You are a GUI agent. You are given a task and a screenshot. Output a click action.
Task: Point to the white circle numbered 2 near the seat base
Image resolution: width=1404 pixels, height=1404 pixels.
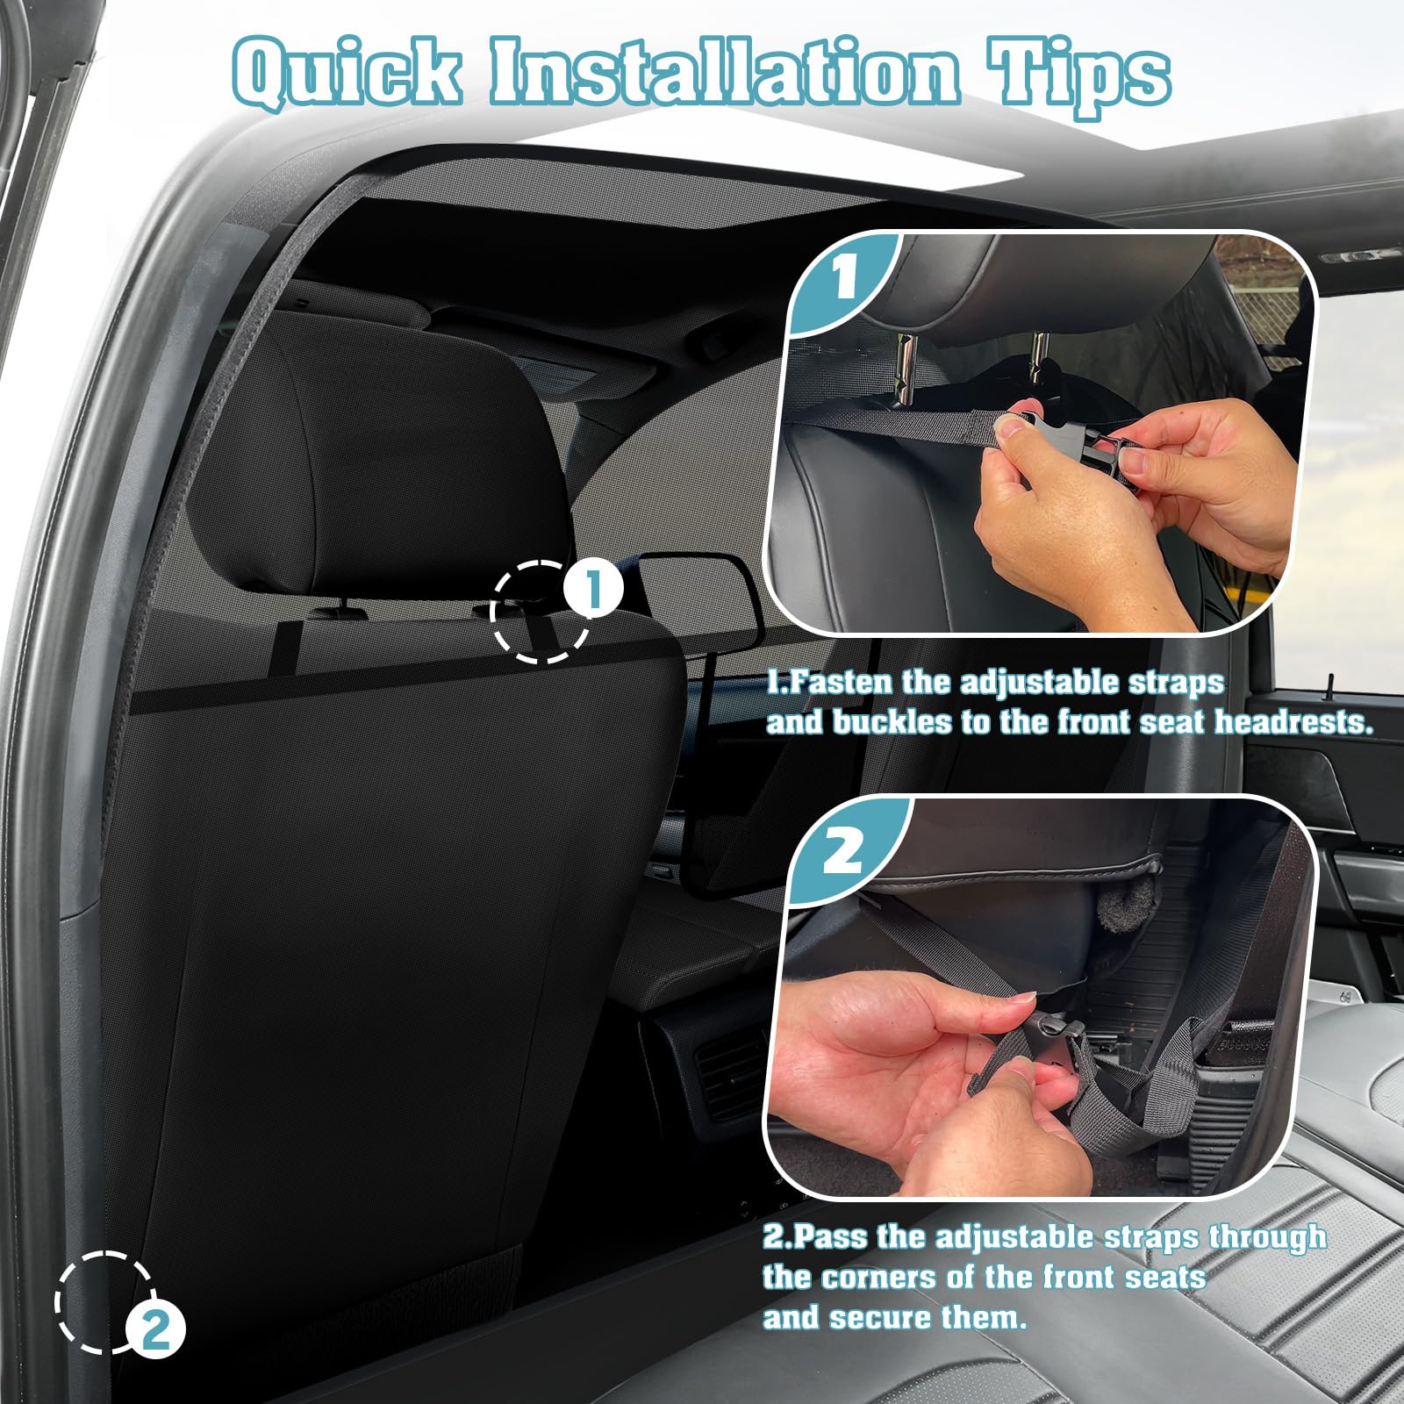[156, 1331]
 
